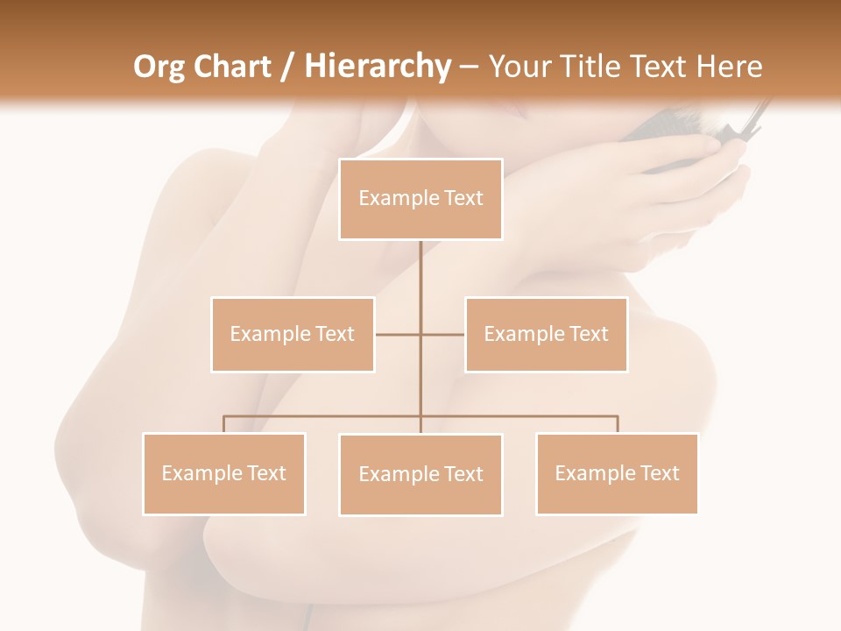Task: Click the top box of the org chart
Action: (x=420, y=199)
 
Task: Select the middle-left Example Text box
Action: (x=293, y=334)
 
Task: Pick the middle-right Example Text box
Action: (x=546, y=334)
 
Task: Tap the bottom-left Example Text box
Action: (x=224, y=473)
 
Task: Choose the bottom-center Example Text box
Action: (x=420, y=474)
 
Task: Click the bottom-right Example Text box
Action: (x=617, y=473)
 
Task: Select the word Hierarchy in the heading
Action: (x=377, y=67)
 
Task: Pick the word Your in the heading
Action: (x=519, y=67)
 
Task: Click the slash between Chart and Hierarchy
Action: (x=287, y=67)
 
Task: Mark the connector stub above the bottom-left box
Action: (x=224, y=424)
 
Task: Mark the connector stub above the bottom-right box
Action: (x=617, y=424)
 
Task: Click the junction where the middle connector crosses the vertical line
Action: (x=420, y=334)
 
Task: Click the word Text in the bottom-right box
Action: (x=660, y=473)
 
